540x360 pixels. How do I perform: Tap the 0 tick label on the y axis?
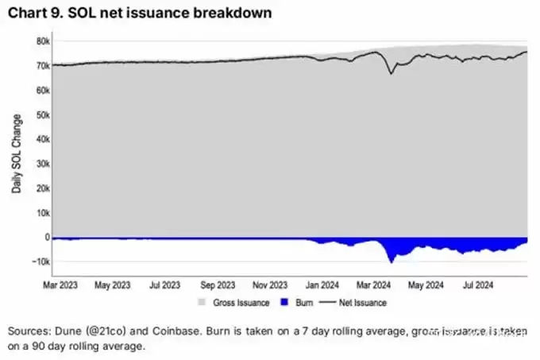click(x=47, y=237)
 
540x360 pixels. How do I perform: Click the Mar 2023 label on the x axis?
click(x=60, y=283)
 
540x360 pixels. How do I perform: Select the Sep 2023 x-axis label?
click(x=218, y=283)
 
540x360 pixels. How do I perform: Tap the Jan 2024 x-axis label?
click(x=323, y=283)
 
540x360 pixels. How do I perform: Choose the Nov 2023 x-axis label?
click(x=271, y=283)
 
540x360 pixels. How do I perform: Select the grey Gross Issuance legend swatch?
click(x=202, y=303)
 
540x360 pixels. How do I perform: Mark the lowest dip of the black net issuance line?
click(x=391, y=73)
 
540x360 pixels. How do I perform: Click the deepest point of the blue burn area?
click(x=391, y=261)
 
